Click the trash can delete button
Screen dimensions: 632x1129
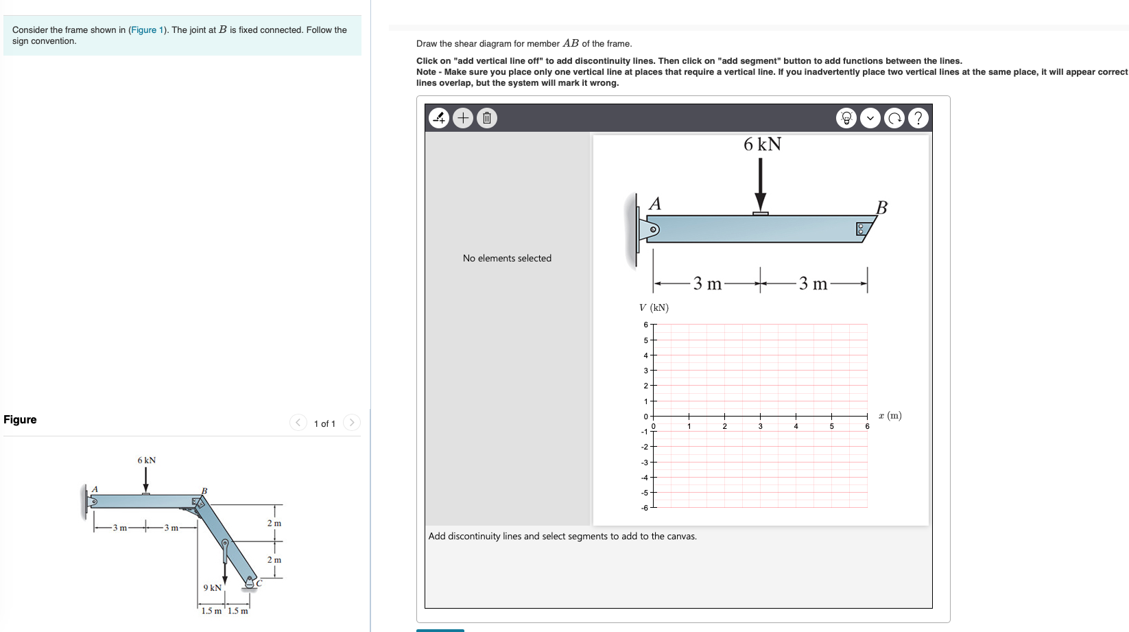point(486,118)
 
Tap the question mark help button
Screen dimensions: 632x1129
point(918,118)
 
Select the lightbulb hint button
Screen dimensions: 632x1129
point(846,118)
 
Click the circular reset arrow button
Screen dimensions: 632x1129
point(894,118)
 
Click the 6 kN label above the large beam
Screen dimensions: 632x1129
point(762,144)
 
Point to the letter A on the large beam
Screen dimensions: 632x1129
point(655,204)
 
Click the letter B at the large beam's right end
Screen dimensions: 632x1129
point(881,207)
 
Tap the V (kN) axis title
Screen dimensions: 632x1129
point(654,307)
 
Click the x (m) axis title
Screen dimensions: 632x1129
point(890,415)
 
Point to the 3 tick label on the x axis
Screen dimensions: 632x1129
point(760,426)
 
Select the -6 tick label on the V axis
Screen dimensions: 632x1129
point(644,508)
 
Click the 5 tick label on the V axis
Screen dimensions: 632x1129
point(645,340)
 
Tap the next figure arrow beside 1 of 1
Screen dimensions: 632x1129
point(351,422)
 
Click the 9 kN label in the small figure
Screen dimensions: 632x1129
point(212,587)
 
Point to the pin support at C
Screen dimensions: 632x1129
point(250,583)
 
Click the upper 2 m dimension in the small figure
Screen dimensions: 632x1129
point(274,523)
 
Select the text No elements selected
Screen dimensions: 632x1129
point(507,258)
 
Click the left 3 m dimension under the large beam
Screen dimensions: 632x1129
point(707,283)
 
